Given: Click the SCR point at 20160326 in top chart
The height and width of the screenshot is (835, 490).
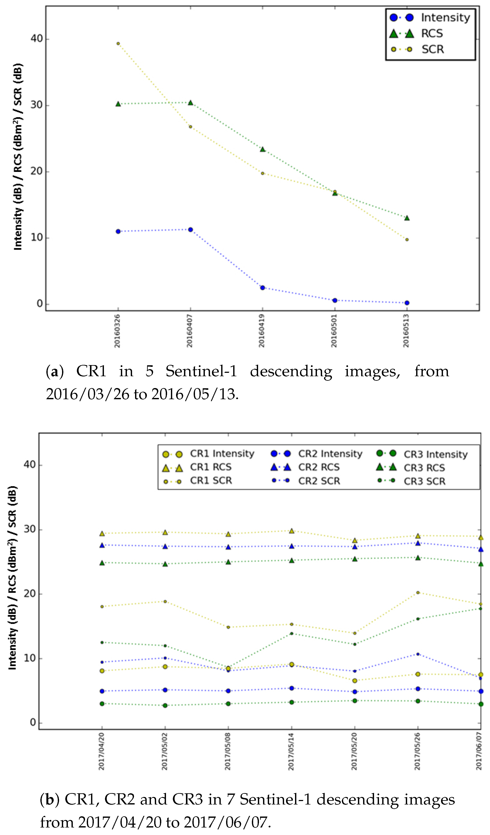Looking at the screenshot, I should click(118, 43).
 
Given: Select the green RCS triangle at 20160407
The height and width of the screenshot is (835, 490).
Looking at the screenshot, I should click(190, 103).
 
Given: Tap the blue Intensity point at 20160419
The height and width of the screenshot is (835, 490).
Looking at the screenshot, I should click(263, 288).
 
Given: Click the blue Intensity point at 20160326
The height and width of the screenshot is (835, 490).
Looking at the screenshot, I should click(118, 231).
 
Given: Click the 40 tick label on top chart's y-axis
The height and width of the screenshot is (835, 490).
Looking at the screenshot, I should click(37, 39).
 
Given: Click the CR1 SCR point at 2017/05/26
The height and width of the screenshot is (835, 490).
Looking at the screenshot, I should click(418, 592).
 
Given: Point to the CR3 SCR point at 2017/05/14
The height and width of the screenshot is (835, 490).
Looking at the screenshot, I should click(292, 633).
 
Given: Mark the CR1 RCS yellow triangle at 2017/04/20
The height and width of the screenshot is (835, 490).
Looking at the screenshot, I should click(102, 534).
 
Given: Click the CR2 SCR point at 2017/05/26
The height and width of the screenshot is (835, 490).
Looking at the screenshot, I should click(418, 654).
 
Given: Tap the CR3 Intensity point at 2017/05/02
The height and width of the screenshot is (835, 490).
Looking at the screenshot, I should click(165, 705).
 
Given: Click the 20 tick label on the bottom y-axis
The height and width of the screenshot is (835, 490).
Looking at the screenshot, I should click(30, 594).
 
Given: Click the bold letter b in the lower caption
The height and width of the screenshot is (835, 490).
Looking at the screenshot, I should click(50, 800).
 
